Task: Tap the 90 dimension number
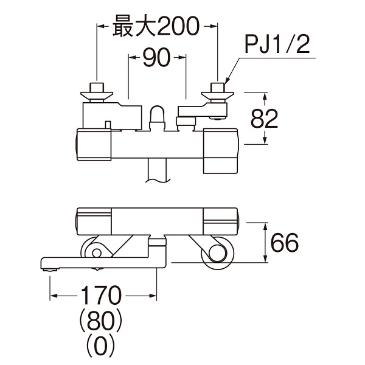[153, 58]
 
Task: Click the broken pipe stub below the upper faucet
[159, 170]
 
